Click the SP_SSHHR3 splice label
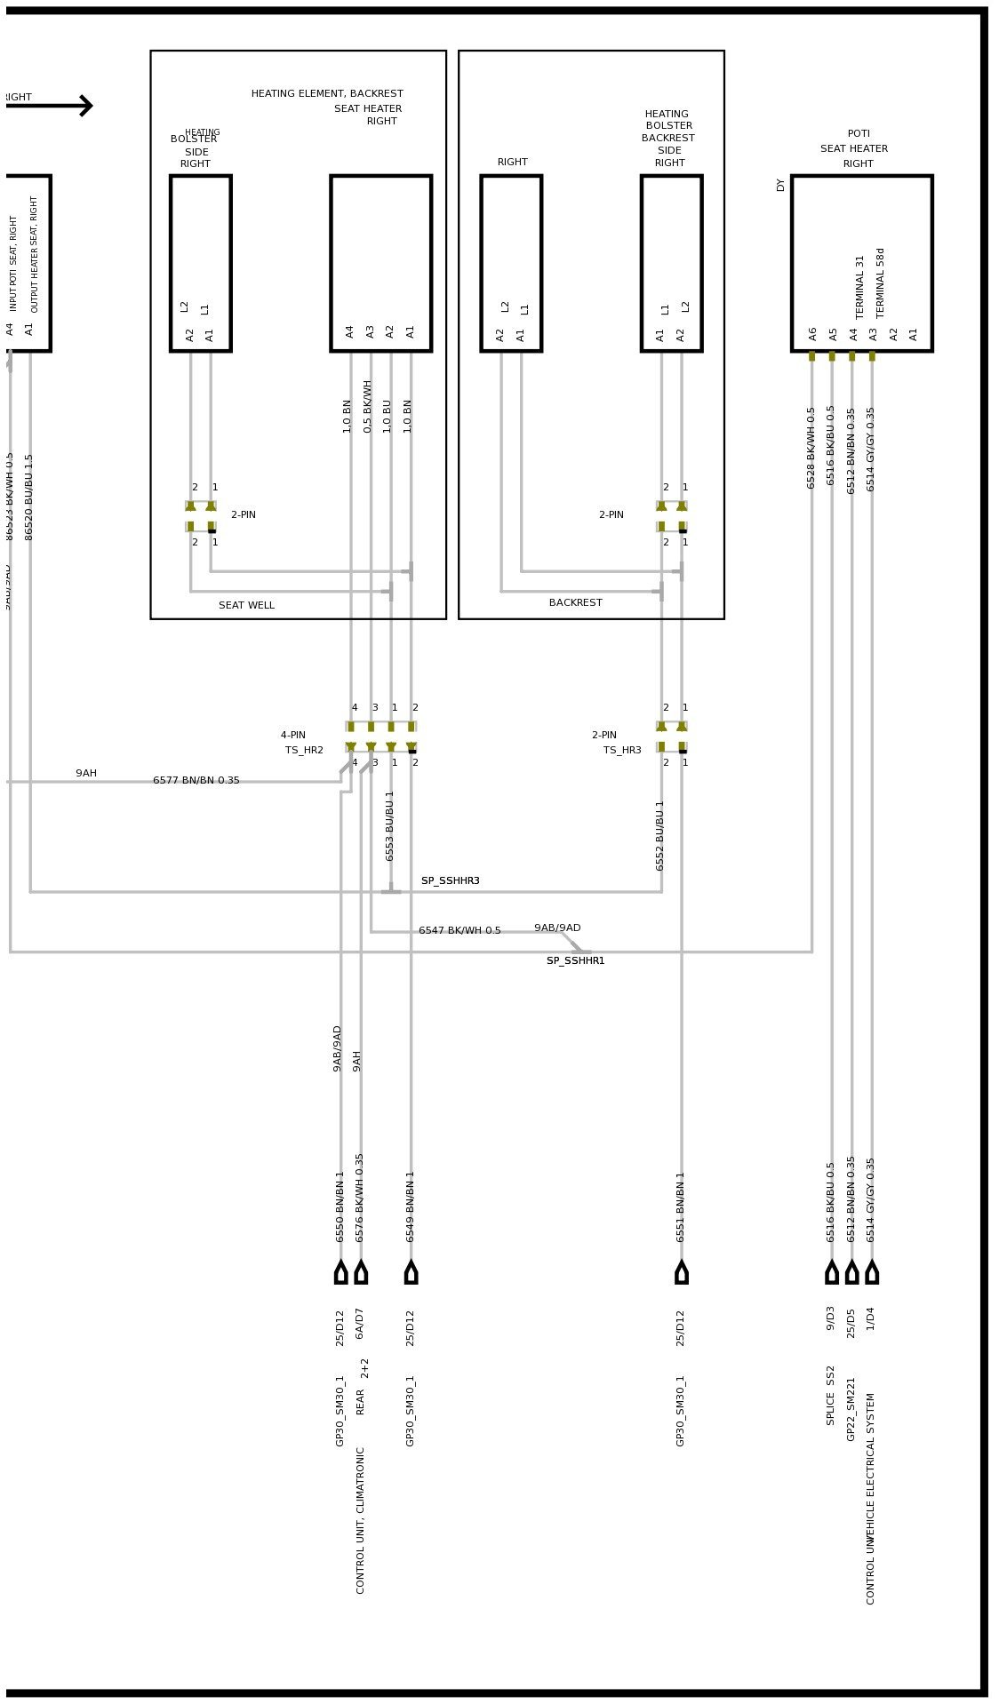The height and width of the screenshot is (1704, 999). (x=450, y=880)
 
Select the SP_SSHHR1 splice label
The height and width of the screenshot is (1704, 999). (x=575, y=960)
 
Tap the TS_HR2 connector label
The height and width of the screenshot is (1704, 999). (x=304, y=750)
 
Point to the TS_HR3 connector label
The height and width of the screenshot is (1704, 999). (x=622, y=750)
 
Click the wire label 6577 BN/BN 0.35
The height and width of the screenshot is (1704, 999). (x=196, y=780)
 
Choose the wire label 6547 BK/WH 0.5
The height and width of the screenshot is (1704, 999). (x=460, y=930)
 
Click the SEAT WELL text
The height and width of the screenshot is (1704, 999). (x=246, y=605)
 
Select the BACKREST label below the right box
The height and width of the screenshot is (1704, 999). (x=575, y=602)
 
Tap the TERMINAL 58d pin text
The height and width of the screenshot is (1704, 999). (x=881, y=283)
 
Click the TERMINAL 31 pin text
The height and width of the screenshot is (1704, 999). (x=860, y=287)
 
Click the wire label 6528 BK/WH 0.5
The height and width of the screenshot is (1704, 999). (x=811, y=448)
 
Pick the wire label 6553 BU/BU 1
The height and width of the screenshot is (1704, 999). (x=389, y=825)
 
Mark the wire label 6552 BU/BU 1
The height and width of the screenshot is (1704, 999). (x=659, y=835)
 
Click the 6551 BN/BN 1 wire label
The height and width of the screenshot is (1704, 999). (x=681, y=1206)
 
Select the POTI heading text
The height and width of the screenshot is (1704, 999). (x=859, y=133)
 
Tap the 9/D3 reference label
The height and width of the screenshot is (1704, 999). (x=830, y=1318)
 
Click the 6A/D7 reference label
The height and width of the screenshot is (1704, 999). (x=359, y=1323)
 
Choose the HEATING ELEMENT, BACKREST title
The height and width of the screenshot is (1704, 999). (x=326, y=93)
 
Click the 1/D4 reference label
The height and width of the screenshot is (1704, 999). (x=870, y=1318)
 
